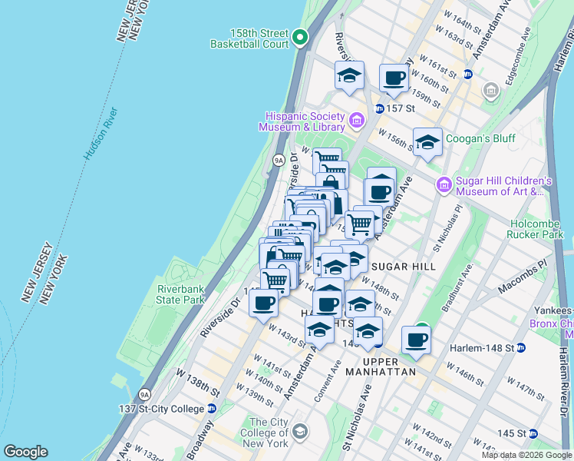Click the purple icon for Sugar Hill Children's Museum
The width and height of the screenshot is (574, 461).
[444, 184]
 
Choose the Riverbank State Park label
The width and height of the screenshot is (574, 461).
[181, 294]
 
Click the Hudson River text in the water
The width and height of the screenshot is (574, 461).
[102, 134]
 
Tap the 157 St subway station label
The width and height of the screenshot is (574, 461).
[396, 108]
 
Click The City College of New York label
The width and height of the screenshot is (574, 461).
[269, 433]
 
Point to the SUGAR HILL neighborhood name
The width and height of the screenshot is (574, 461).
[403, 267]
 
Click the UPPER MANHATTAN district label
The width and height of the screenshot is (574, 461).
[381, 366]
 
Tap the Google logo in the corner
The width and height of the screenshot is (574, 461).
[25, 452]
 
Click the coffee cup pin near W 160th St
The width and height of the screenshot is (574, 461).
[394, 78]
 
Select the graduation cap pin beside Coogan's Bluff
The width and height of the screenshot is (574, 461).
[427, 141]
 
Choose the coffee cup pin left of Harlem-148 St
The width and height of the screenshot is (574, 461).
[416, 339]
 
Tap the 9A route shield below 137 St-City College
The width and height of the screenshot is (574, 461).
[144, 396]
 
